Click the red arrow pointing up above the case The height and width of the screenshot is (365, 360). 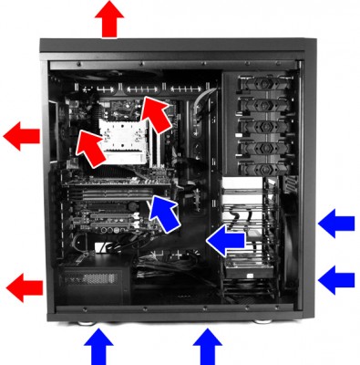click(111, 18)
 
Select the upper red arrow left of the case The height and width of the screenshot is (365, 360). click(22, 137)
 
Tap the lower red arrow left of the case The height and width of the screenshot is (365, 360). click(25, 289)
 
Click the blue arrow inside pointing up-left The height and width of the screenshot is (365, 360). click(163, 211)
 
